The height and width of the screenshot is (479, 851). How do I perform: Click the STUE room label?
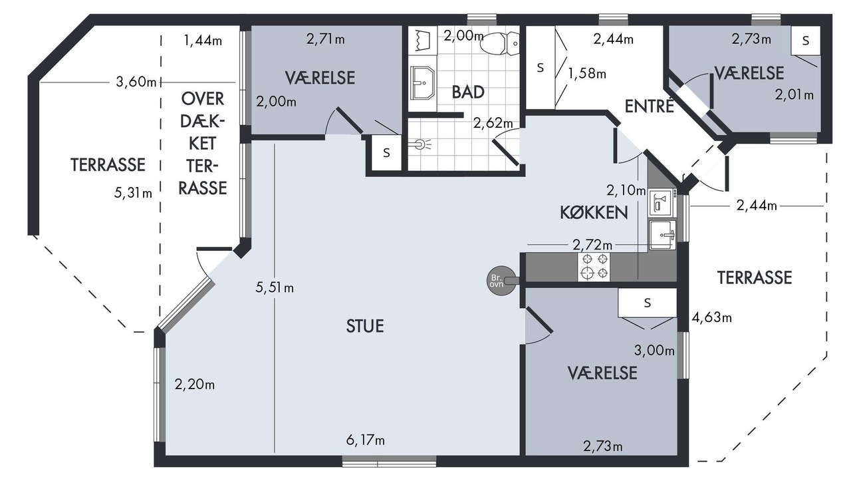[365, 326]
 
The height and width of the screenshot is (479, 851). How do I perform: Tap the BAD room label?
[468, 92]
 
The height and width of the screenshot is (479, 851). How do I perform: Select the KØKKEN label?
[594, 212]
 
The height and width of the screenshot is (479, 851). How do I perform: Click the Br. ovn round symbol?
[501, 281]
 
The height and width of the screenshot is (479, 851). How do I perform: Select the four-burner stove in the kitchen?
[594, 267]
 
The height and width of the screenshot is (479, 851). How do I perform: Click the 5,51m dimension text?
[275, 288]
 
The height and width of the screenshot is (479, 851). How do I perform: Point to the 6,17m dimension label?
[365, 440]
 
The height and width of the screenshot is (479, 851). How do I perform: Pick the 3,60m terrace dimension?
[136, 82]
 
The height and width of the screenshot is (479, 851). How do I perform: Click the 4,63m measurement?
[711, 317]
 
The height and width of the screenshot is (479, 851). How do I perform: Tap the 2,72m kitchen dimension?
[592, 245]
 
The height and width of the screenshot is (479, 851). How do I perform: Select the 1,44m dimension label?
[203, 40]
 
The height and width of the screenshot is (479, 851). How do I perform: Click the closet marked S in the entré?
[541, 68]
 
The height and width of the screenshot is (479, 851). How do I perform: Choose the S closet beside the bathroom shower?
[386, 153]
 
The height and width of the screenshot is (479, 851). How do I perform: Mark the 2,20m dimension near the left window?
[195, 385]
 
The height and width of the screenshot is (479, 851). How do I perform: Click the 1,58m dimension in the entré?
[587, 73]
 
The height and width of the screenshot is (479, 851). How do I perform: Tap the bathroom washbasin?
[422, 83]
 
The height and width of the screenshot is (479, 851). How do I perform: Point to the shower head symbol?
[421, 144]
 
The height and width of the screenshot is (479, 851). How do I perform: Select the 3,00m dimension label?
[654, 350]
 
